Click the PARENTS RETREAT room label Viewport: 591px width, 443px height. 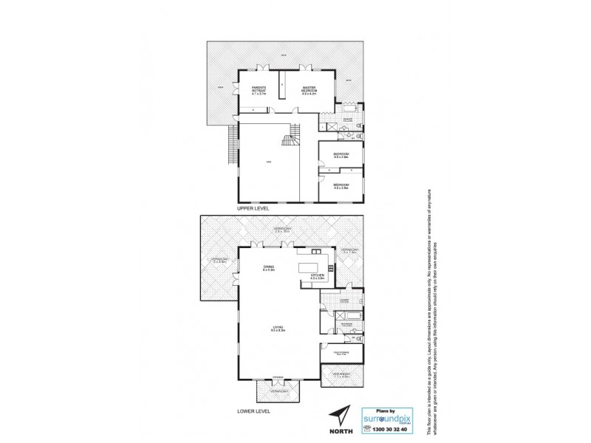[259, 92]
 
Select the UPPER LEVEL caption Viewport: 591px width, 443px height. [253, 209]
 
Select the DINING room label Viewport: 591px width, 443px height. [268, 268]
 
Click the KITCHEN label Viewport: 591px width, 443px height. [318, 275]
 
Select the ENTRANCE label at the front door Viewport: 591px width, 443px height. [277, 377]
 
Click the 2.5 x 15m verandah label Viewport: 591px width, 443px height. [279, 230]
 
